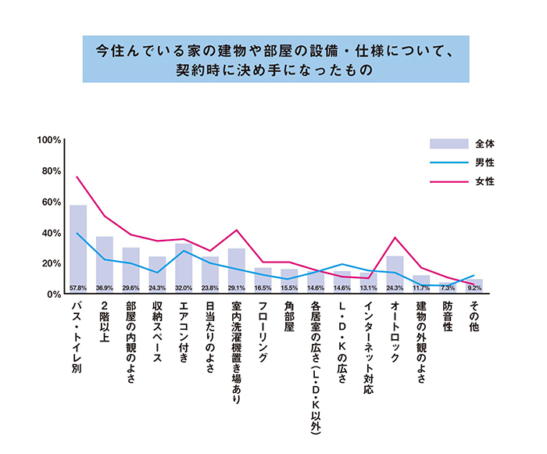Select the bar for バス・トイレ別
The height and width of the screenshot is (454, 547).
[x=78, y=246]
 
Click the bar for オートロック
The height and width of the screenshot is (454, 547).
[x=395, y=273]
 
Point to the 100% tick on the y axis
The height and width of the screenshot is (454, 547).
[x=49, y=141]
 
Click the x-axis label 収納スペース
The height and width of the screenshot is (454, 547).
[x=157, y=332]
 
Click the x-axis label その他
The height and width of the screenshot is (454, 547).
[x=474, y=317]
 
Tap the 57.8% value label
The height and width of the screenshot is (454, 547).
[x=78, y=288]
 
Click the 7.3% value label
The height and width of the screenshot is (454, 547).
[x=448, y=288]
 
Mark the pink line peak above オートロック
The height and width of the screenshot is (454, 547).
[x=395, y=238]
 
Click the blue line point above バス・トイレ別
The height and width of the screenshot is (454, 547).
[x=78, y=233]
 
